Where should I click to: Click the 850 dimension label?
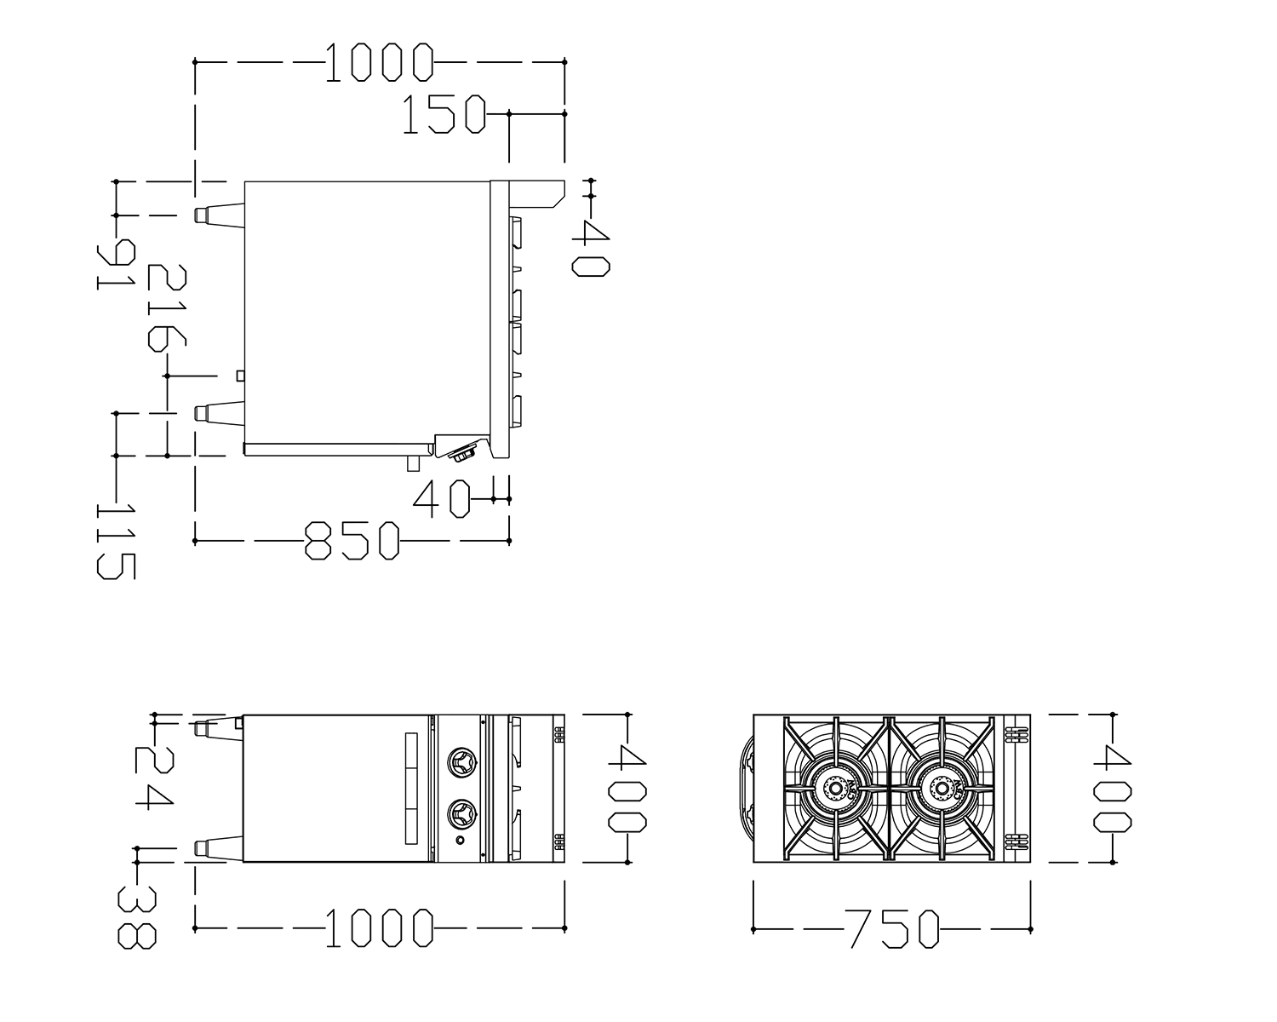point(352,541)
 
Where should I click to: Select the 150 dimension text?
point(444,113)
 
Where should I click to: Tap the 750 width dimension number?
point(892,929)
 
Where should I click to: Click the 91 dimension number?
point(117,264)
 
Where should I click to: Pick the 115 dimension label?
point(117,542)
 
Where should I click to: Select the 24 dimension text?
point(155,778)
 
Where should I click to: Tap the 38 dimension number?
point(137,918)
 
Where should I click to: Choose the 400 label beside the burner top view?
point(1113,789)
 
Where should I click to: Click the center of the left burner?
point(835,789)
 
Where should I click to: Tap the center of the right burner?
point(941,789)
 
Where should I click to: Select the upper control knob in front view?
point(461,762)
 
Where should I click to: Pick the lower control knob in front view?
point(461,813)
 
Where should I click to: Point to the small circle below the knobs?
point(460,840)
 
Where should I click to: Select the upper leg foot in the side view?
point(219,215)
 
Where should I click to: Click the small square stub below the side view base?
point(413,463)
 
